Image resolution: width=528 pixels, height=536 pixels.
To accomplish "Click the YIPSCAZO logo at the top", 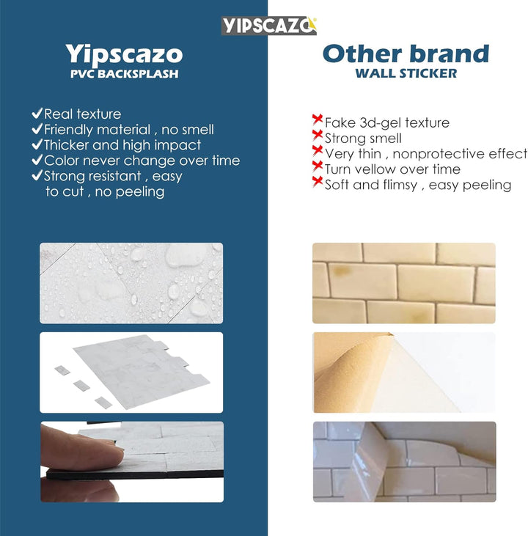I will (268, 26).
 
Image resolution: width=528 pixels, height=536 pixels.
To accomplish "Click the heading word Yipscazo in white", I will (124, 54).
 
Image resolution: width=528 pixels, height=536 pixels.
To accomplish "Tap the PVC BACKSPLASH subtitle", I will (124, 73).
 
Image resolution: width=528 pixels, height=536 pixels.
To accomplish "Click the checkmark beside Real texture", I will (37, 114).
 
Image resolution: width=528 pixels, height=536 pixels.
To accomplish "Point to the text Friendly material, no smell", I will (129, 130).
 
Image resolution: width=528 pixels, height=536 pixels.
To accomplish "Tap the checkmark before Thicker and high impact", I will (37, 145).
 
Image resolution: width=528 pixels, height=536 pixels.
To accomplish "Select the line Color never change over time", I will (142, 161).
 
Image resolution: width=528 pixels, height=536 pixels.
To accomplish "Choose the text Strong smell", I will (363, 138).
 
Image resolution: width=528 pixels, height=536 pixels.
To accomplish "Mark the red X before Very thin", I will (318, 152).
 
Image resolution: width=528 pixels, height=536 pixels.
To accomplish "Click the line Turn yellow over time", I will (392, 169).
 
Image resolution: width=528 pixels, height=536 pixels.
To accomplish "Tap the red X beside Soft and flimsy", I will (318, 183).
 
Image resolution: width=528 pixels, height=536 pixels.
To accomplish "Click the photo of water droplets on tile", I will (131, 283).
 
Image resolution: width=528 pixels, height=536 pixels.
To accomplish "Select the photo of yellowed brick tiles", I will (404, 283).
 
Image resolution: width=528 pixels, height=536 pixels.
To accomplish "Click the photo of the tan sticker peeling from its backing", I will (404, 372).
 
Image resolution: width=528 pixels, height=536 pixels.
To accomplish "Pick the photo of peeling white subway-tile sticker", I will (404, 461).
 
